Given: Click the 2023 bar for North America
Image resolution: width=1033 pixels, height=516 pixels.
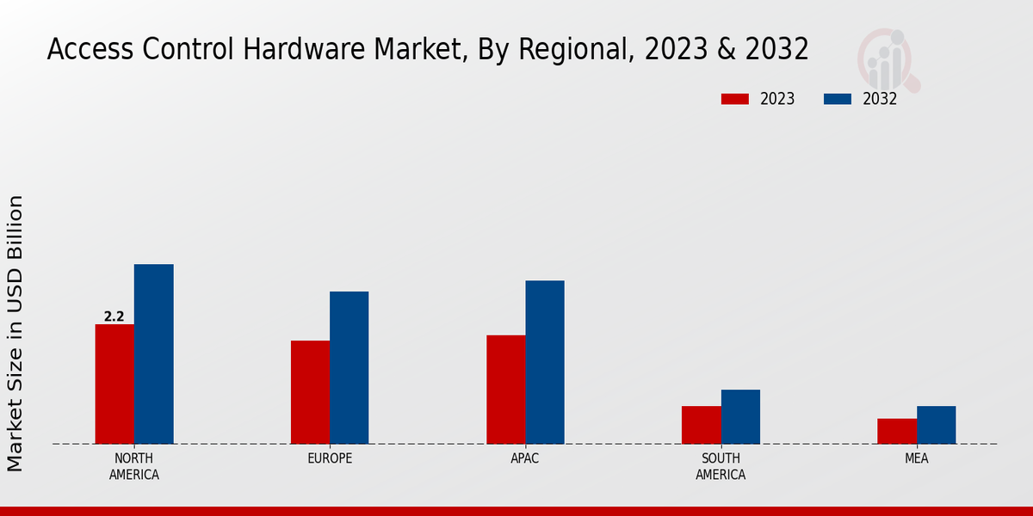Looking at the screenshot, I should (x=114, y=384).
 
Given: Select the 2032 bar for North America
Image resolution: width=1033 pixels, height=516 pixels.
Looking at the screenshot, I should (x=153, y=353).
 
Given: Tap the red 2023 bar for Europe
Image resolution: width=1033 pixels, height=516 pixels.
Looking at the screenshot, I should (x=310, y=392).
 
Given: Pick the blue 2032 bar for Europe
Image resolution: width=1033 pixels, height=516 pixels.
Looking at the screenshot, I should (x=349, y=367).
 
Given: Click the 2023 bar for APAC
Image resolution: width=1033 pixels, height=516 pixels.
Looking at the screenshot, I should (x=505, y=389).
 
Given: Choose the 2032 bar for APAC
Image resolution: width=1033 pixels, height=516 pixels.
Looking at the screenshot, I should (x=545, y=362).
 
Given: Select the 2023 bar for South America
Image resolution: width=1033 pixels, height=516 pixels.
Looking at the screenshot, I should (x=701, y=425).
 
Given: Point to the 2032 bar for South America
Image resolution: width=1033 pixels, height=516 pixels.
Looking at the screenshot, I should (x=740, y=416).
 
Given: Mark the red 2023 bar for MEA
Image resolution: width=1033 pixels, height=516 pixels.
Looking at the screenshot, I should (x=897, y=431).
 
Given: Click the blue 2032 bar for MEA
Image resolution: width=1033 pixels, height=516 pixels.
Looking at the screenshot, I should (x=936, y=425).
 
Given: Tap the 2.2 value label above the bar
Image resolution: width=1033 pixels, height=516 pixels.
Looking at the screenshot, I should (x=114, y=316).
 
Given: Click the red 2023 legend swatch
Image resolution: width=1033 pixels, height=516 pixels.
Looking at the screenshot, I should (x=735, y=99).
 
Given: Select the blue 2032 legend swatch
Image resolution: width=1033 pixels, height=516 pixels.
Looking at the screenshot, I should (x=838, y=99).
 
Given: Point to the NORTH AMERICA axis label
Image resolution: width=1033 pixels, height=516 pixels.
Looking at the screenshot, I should (x=134, y=466).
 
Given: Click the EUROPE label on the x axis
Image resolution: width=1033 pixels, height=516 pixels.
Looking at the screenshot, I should (x=330, y=458).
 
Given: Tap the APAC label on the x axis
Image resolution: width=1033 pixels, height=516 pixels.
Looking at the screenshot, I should (x=525, y=458).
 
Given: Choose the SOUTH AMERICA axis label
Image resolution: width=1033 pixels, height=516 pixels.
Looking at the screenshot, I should (x=721, y=466).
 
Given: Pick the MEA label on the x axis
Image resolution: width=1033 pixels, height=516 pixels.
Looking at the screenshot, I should (x=917, y=458).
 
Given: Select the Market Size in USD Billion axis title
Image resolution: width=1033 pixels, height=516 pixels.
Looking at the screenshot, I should (x=15, y=334).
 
